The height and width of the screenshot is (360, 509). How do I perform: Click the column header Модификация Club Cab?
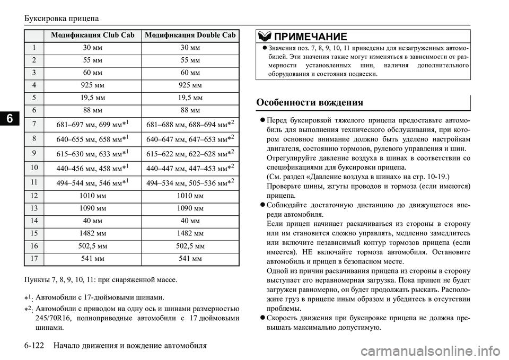click(x=92, y=35)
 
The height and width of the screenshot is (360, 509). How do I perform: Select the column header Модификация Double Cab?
click(x=191, y=35)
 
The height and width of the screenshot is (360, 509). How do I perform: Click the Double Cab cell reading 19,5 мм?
click(x=191, y=97)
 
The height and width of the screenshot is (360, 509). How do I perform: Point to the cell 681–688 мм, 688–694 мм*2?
click(x=191, y=125)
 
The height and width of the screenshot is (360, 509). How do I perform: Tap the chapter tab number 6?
click(x=9, y=119)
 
